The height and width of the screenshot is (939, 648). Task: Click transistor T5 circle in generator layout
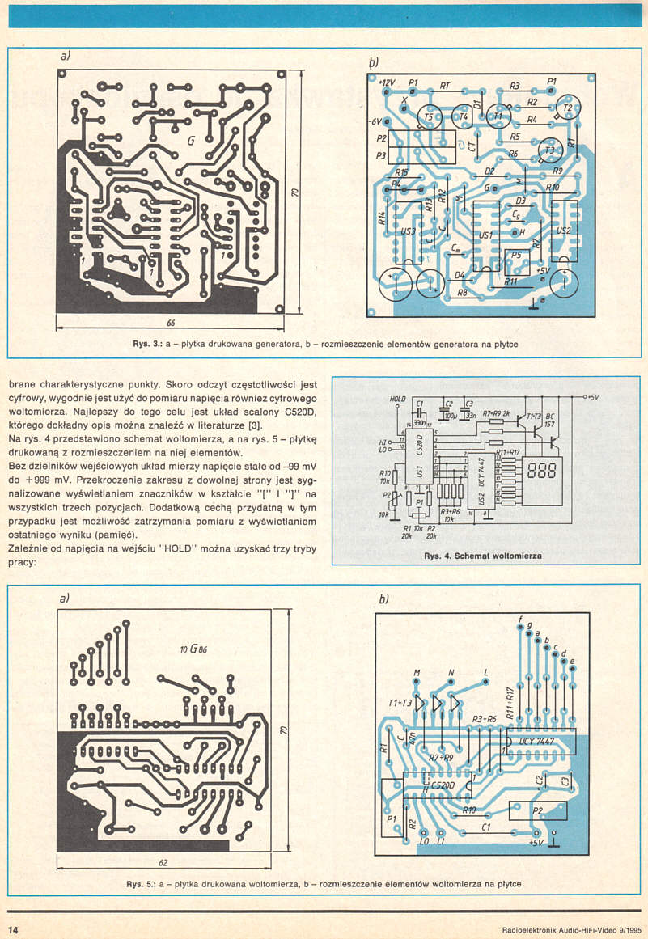(x=429, y=118)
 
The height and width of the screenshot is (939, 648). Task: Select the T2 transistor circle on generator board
(x=569, y=108)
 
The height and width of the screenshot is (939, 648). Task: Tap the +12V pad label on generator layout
(x=385, y=83)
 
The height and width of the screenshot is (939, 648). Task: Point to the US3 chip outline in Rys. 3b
(x=409, y=231)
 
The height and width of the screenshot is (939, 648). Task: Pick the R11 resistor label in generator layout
(x=510, y=281)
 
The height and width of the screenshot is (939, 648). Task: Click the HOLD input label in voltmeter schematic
(x=397, y=399)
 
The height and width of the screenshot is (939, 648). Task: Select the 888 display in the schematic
(x=543, y=470)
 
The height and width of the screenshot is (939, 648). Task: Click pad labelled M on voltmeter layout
(x=417, y=674)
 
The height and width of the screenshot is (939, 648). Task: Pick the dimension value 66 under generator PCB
(x=171, y=323)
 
